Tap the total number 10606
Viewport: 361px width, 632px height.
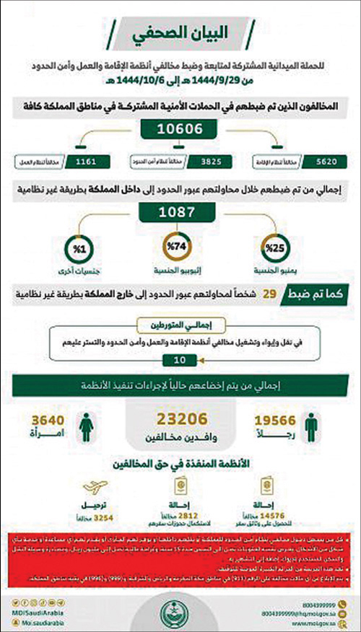pyautogui.click(x=180, y=130)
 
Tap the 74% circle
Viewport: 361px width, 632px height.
pyautogui.click(x=180, y=248)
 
